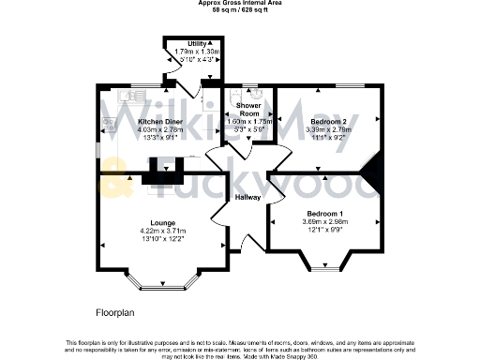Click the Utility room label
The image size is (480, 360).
click(196, 43)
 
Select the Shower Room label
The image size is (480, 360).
click(248, 110)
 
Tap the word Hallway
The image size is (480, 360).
click(247, 198)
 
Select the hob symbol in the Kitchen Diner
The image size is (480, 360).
click(109, 123)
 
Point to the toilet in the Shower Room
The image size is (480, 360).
click(234, 97)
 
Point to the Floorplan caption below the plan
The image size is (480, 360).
click(117, 309)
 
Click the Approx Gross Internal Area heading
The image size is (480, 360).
click(240, 4)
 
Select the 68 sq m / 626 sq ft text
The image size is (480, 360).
click(240, 10)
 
